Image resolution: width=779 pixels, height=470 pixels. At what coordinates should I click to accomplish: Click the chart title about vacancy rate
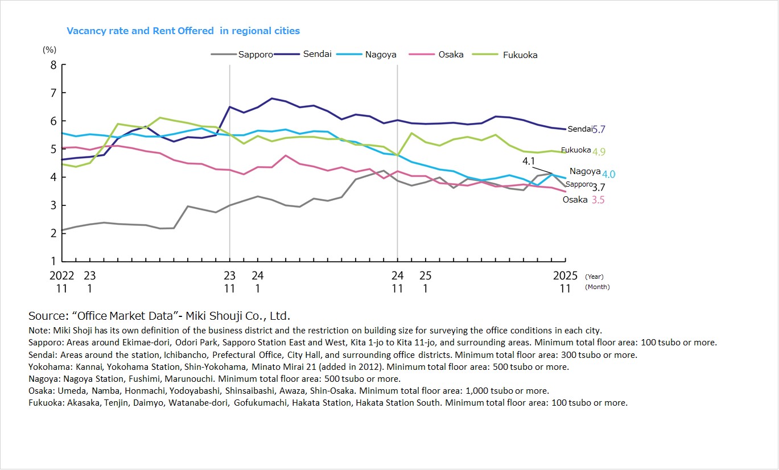(x=183, y=31)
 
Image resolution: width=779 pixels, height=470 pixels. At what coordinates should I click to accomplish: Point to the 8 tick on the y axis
(x=53, y=65)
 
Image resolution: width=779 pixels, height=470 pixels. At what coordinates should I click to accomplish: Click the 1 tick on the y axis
(x=53, y=261)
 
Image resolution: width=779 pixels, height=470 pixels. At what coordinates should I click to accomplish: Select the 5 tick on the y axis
(x=53, y=149)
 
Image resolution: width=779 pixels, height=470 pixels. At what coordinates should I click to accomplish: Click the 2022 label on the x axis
(x=61, y=276)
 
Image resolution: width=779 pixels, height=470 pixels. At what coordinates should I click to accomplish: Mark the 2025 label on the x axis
(x=565, y=276)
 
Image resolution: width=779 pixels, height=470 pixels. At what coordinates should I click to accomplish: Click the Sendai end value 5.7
(x=599, y=130)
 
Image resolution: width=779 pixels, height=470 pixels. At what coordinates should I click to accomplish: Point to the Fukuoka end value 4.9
(x=599, y=152)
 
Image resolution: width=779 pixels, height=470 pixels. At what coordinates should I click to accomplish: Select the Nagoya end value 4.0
(x=608, y=175)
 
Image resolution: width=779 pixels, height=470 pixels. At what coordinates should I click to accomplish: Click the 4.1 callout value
(x=529, y=161)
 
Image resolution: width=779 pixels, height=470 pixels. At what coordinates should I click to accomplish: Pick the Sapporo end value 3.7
(x=599, y=187)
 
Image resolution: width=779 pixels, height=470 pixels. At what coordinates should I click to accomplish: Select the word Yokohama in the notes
(x=49, y=366)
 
